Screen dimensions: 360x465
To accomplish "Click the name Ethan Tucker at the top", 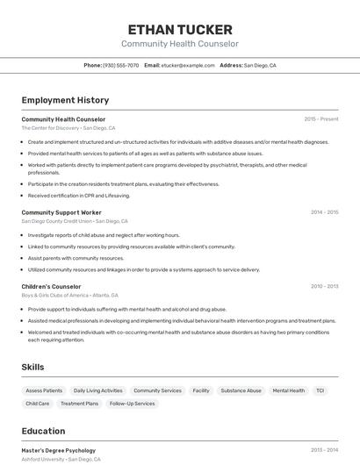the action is pyautogui.click(x=180, y=30).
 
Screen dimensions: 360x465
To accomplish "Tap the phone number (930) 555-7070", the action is pyautogui.click(x=120, y=65).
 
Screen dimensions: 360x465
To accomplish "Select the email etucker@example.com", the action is pyautogui.click(x=186, y=65).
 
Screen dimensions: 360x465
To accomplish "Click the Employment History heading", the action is pyautogui.click(x=65, y=101).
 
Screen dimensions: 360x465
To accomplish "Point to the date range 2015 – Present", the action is pyautogui.click(x=321, y=119).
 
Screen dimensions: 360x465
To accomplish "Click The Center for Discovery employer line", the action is pyautogui.click(x=68, y=128).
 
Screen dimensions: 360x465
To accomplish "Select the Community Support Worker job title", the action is pyautogui.click(x=61, y=212).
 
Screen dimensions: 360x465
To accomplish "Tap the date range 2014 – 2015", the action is pyautogui.click(x=324, y=212).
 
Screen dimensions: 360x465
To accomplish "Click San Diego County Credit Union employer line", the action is pyautogui.click(x=75, y=221).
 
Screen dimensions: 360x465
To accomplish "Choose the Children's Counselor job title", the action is pyautogui.click(x=51, y=286).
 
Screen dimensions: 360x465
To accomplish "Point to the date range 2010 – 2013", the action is pyautogui.click(x=324, y=286).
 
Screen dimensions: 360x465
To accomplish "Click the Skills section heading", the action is pyautogui.click(x=33, y=367).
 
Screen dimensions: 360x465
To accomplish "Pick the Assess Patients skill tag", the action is pyautogui.click(x=44, y=390).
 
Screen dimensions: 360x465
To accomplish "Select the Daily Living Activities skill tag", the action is pyautogui.click(x=98, y=390).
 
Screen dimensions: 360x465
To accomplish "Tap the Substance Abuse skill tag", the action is pyautogui.click(x=241, y=390).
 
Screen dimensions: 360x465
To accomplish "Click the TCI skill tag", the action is pyautogui.click(x=320, y=390).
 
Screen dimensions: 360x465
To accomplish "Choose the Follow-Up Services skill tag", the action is pyautogui.click(x=133, y=404).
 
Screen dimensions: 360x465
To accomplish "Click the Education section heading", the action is pyautogui.click(x=43, y=431).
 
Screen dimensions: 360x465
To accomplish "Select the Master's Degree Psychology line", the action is pyautogui.click(x=58, y=450).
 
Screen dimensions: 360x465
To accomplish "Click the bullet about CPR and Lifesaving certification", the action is pyautogui.click(x=78, y=197).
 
